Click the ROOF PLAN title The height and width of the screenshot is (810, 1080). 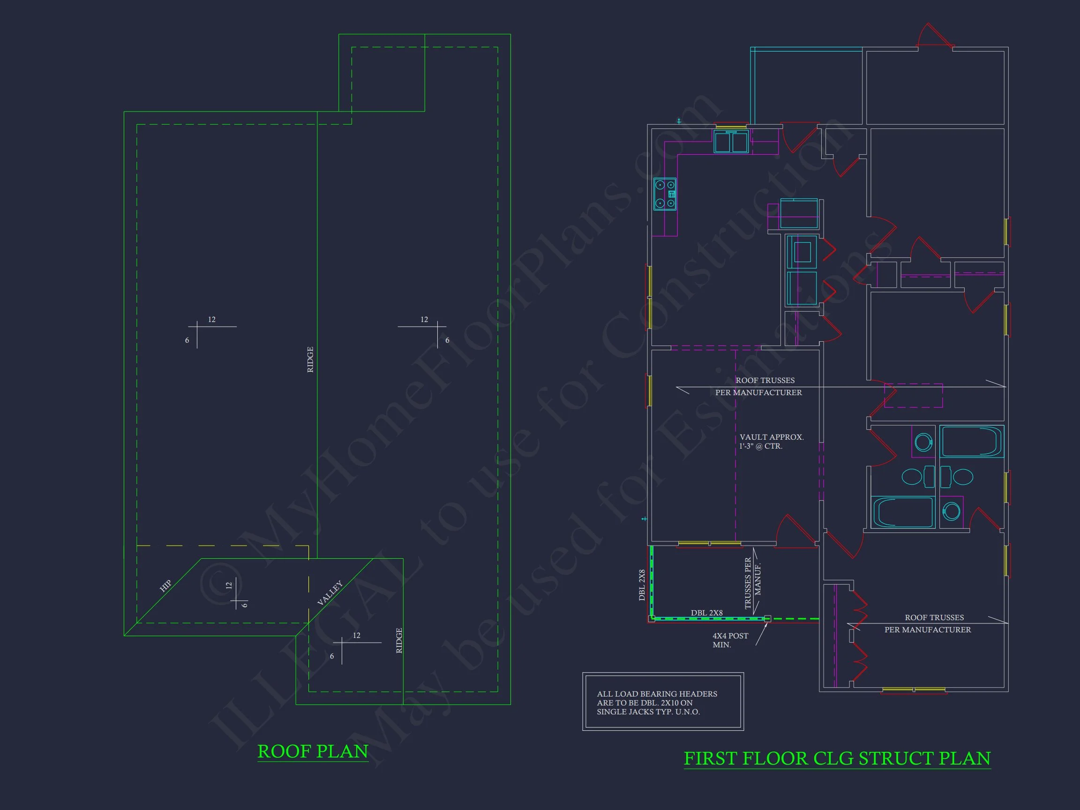tap(313, 751)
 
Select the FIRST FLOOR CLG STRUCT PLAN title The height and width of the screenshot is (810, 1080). tap(837, 758)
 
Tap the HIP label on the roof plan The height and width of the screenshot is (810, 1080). tap(165, 585)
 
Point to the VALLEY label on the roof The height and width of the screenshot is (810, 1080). tap(330, 592)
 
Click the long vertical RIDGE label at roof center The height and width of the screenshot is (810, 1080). tap(310, 360)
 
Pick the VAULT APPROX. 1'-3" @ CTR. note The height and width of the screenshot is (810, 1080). tap(771, 442)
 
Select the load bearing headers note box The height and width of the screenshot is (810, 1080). tap(662, 702)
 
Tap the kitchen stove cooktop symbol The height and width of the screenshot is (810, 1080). tap(665, 194)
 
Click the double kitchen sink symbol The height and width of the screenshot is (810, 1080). tap(731, 142)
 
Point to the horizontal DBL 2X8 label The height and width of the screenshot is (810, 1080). tap(706, 613)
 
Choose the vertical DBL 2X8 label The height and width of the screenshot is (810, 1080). tap(642, 585)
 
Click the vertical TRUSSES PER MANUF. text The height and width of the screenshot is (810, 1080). tap(752, 583)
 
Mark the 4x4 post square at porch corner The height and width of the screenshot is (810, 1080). tap(767, 619)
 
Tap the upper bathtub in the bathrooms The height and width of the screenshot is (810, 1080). tap(972, 442)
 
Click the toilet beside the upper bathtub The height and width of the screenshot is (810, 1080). tap(923, 442)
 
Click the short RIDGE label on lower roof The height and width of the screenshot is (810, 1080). tap(399, 641)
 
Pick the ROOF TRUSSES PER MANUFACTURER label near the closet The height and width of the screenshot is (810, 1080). tap(928, 623)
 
